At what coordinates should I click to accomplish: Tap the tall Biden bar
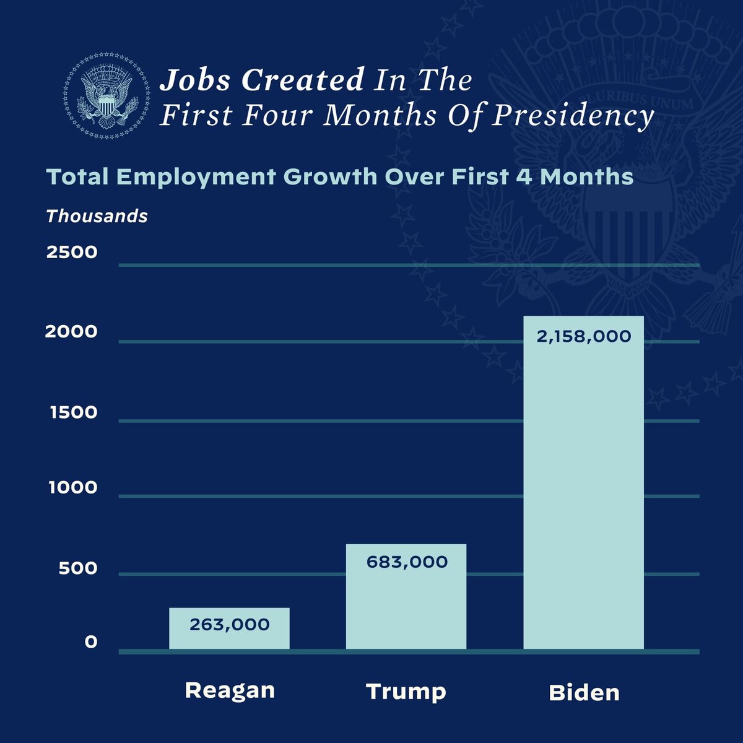(583, 483)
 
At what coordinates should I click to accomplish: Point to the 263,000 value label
(230, 624)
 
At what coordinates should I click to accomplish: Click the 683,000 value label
(407, 562)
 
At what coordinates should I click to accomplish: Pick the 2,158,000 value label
(584, 337)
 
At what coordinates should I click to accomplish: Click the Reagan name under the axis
(230, 690)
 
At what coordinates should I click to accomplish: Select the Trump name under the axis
(406, 691)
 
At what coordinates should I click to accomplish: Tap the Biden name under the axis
(584, 692)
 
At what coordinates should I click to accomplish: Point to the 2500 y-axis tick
(72, 252)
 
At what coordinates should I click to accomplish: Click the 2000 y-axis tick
(71, 332)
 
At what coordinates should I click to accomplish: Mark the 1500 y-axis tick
(74, 412)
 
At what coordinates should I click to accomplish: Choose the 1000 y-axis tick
(74, 488)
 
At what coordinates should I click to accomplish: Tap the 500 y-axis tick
(78, 568)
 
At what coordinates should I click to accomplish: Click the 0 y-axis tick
(91, 642)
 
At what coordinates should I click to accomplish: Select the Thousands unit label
(97, 216)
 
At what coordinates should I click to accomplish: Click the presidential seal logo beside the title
(106, 96)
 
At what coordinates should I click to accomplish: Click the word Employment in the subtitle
(196, 177)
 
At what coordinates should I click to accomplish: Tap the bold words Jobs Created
(262, 80)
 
